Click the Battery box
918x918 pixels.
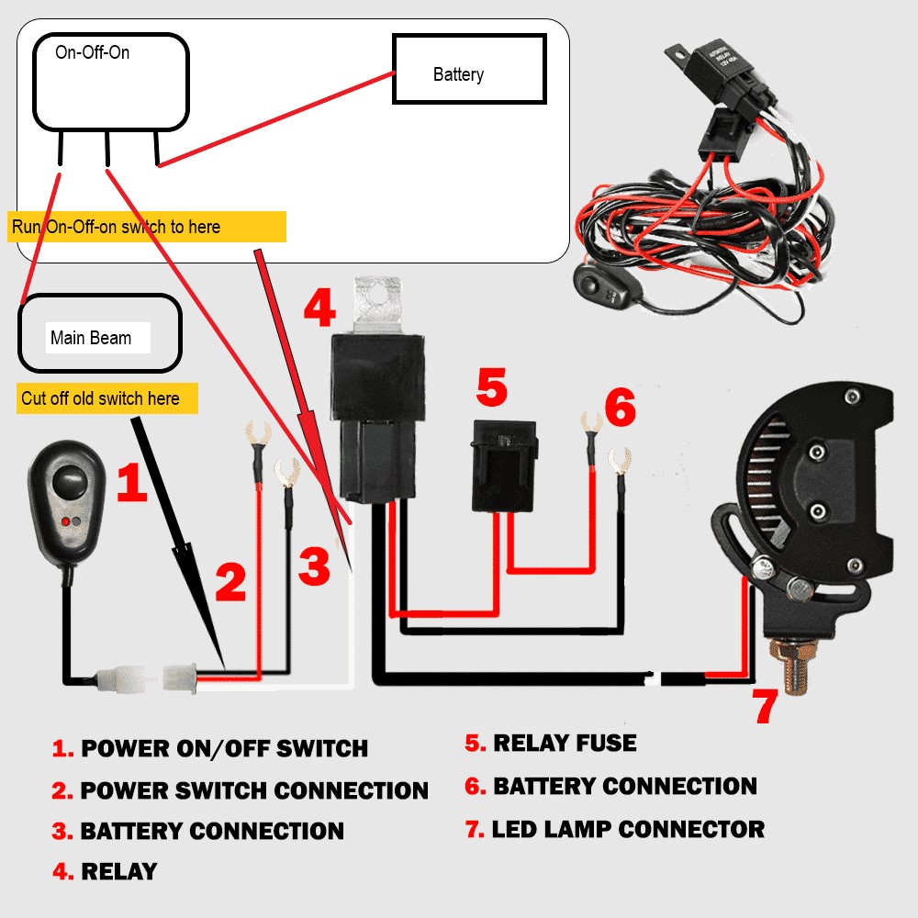(469, 69)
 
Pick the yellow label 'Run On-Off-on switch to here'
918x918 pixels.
(147, 227)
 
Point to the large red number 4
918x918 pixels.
(319, 309)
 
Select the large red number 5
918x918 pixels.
(492, 387)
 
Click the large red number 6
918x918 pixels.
(620, 408)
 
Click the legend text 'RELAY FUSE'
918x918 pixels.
(565, 743)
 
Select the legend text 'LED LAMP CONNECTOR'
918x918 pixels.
(628, 830)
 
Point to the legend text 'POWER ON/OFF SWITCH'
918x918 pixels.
(224, 748)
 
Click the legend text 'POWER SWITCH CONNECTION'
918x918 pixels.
(254, 790)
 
